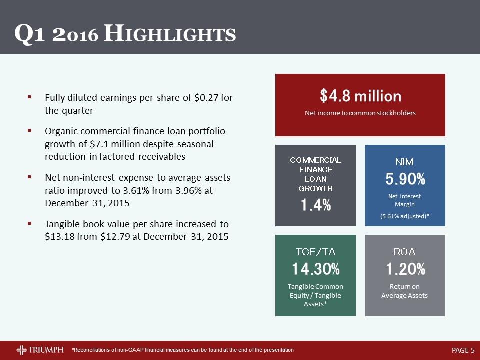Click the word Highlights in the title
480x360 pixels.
(170, 33)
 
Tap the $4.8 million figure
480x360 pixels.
(360, 96)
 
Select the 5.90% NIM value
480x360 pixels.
(405, 179)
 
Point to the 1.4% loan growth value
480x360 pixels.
(316, 205)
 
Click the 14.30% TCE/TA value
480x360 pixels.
(316, 269)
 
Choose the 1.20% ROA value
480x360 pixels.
(405, 269)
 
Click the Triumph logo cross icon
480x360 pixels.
(21, 350)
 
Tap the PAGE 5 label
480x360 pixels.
(463, 350)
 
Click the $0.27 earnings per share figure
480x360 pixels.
(206, 97)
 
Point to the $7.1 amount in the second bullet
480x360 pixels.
(100, 144)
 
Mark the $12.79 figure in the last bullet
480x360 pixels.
(115, 237)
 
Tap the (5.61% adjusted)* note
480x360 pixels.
(404, 216)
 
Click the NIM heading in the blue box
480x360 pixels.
(404, 162)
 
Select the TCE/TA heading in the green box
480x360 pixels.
(315, 252)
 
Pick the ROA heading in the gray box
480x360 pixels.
(404, 252)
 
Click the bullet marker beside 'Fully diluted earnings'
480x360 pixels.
(29, 97)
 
